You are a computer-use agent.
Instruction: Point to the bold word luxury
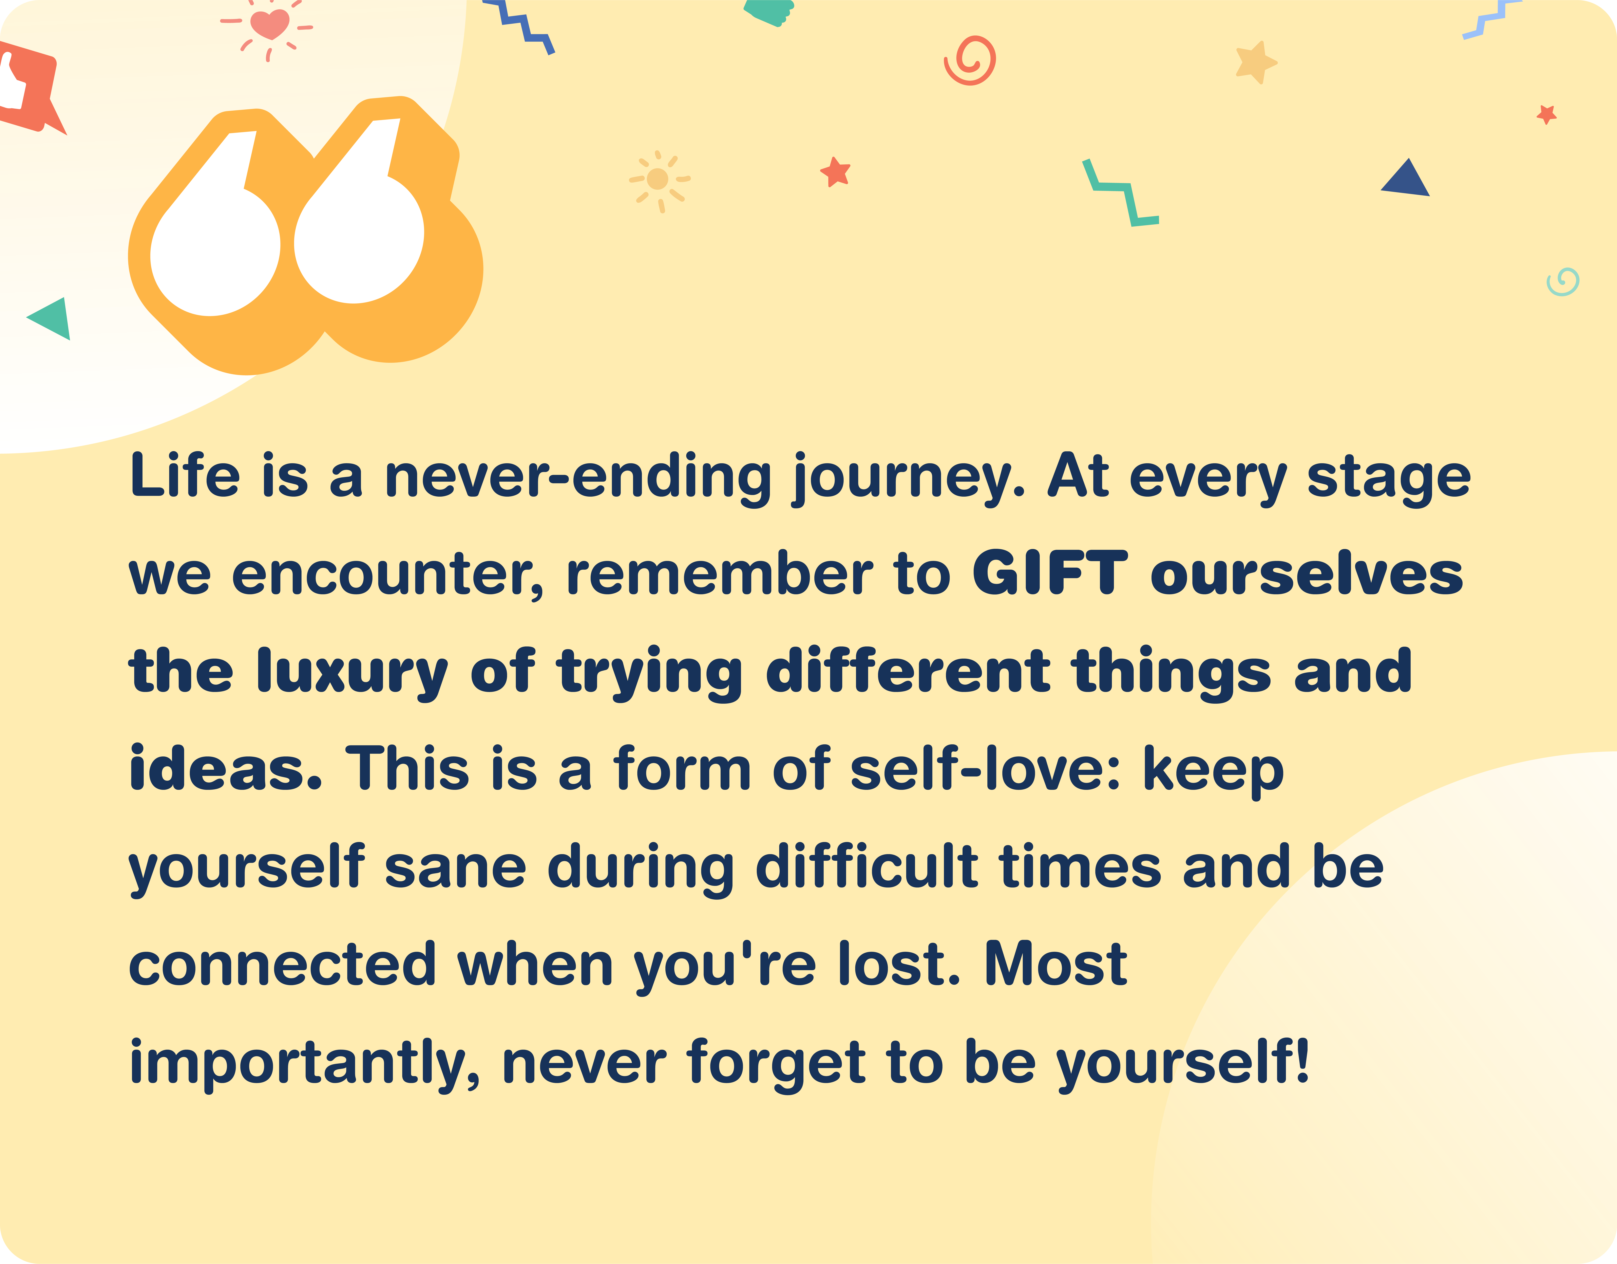(352, 674)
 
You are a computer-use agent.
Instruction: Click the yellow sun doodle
(658, 180)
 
